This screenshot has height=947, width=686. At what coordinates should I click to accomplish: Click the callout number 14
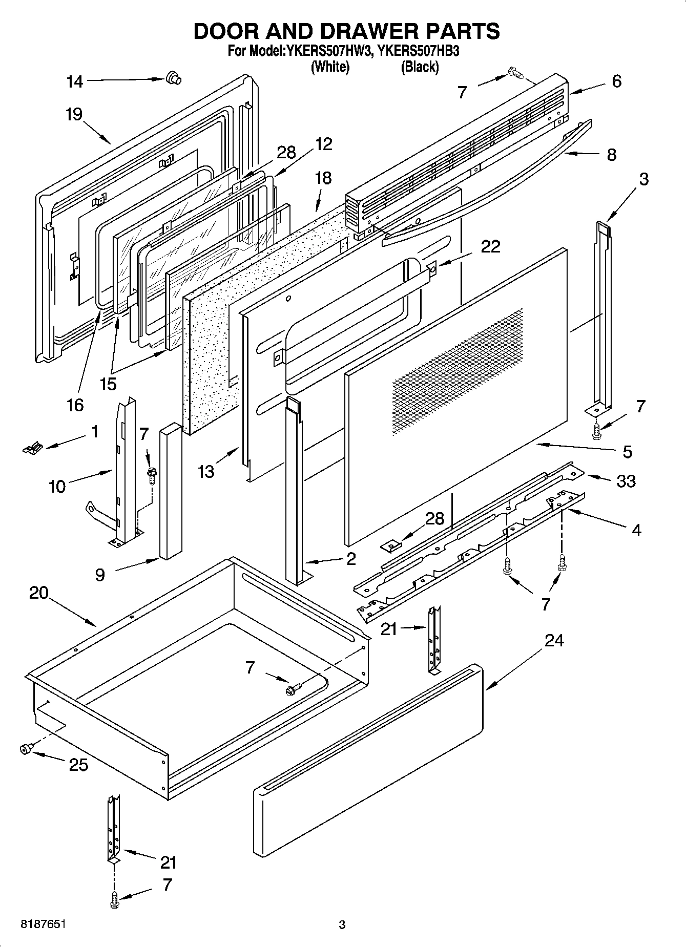click(75, 81)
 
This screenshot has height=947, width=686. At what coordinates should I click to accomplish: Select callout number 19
click(74, 114)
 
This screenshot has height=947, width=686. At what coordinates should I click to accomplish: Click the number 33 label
click(626, 481)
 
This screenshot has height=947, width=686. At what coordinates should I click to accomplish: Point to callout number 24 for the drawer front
click(554, 640)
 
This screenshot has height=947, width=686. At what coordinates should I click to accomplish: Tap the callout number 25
click(78, 765)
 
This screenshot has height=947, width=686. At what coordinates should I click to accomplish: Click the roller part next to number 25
click(25, 749)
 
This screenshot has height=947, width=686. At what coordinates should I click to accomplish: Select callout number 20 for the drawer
click(38, 593)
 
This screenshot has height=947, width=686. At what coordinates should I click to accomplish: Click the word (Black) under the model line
click(420, 67)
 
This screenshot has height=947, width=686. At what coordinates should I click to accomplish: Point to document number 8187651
click(43, 924)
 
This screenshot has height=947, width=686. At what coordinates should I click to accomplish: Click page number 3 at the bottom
click(342, 925)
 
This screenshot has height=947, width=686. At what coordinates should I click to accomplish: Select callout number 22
click(490, 246)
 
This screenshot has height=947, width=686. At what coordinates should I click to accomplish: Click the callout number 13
click(206, 472)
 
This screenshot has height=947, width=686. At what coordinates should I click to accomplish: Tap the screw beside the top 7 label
click(515, 74)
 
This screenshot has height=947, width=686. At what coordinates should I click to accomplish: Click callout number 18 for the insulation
click(323, 178)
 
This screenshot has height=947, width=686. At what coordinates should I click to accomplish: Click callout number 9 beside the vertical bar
click(100, 575)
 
